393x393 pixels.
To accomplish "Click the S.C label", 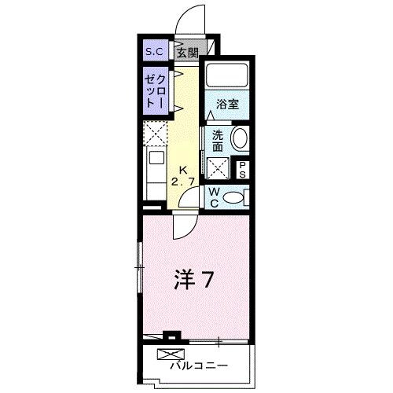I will click(152, 53).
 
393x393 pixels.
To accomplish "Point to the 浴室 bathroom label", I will click(227, 104).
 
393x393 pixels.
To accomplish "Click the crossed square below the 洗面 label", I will click(218, 167).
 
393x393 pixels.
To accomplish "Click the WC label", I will click(213, 196).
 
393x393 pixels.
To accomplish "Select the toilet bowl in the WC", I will click(234, 197).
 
